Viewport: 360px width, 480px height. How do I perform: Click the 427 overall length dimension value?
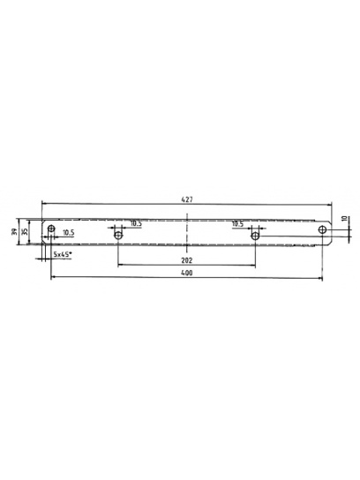(187, 201)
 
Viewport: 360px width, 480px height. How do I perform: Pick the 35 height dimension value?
(26, 230)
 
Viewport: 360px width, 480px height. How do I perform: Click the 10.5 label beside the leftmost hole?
(68, 234)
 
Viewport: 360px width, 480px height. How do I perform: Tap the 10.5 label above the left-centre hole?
(136, 224)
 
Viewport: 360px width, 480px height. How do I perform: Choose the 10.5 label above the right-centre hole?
(238, 224)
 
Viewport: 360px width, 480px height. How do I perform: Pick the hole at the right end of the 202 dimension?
(255, 235)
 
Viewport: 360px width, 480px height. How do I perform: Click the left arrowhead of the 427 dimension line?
(41, 208)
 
